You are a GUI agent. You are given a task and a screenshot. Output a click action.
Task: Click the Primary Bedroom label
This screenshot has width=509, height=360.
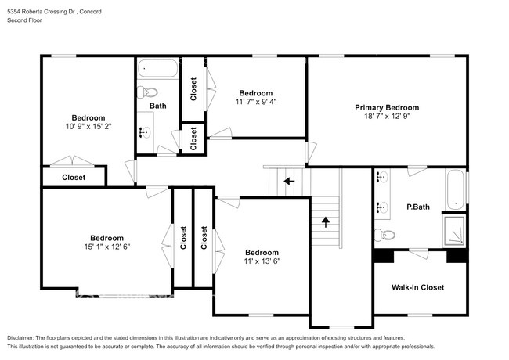387,107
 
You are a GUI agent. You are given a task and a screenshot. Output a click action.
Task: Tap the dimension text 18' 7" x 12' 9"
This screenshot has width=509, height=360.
387,116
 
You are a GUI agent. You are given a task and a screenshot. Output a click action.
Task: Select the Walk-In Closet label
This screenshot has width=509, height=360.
418,287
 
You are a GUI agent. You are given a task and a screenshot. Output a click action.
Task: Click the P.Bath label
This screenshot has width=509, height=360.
418,207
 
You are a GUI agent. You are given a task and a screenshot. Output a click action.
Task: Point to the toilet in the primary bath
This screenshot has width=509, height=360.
384,234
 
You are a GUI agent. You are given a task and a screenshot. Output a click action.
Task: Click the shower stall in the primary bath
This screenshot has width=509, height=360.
454,230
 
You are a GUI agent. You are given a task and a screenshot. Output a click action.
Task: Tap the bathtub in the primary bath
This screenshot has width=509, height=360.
456,189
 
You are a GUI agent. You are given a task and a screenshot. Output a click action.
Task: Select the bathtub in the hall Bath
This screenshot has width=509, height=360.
157,68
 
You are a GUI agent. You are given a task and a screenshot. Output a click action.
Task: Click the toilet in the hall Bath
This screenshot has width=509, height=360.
147,92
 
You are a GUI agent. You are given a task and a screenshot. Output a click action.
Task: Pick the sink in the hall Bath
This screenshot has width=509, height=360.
145,132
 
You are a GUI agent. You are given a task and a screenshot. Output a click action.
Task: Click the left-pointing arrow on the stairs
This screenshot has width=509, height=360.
289,181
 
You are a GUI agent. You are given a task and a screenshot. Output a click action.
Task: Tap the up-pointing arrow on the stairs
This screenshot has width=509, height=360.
326,222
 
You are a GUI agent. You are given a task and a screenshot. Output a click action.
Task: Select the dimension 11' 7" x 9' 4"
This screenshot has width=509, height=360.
256,102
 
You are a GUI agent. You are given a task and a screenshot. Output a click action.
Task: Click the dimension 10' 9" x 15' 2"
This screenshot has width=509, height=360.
88,126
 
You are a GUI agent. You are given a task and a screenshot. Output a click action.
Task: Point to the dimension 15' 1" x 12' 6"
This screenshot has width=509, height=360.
106,247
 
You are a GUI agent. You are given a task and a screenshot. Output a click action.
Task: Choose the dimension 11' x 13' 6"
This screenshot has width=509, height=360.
262,261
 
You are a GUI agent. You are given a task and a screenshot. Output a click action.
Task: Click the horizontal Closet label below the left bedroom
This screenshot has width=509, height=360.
74,178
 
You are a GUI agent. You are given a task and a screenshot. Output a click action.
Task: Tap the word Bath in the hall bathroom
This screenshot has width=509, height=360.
157,106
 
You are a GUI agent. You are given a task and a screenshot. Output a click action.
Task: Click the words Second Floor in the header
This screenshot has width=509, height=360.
25,20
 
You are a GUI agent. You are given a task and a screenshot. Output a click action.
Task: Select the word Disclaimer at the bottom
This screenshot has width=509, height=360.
20,338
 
